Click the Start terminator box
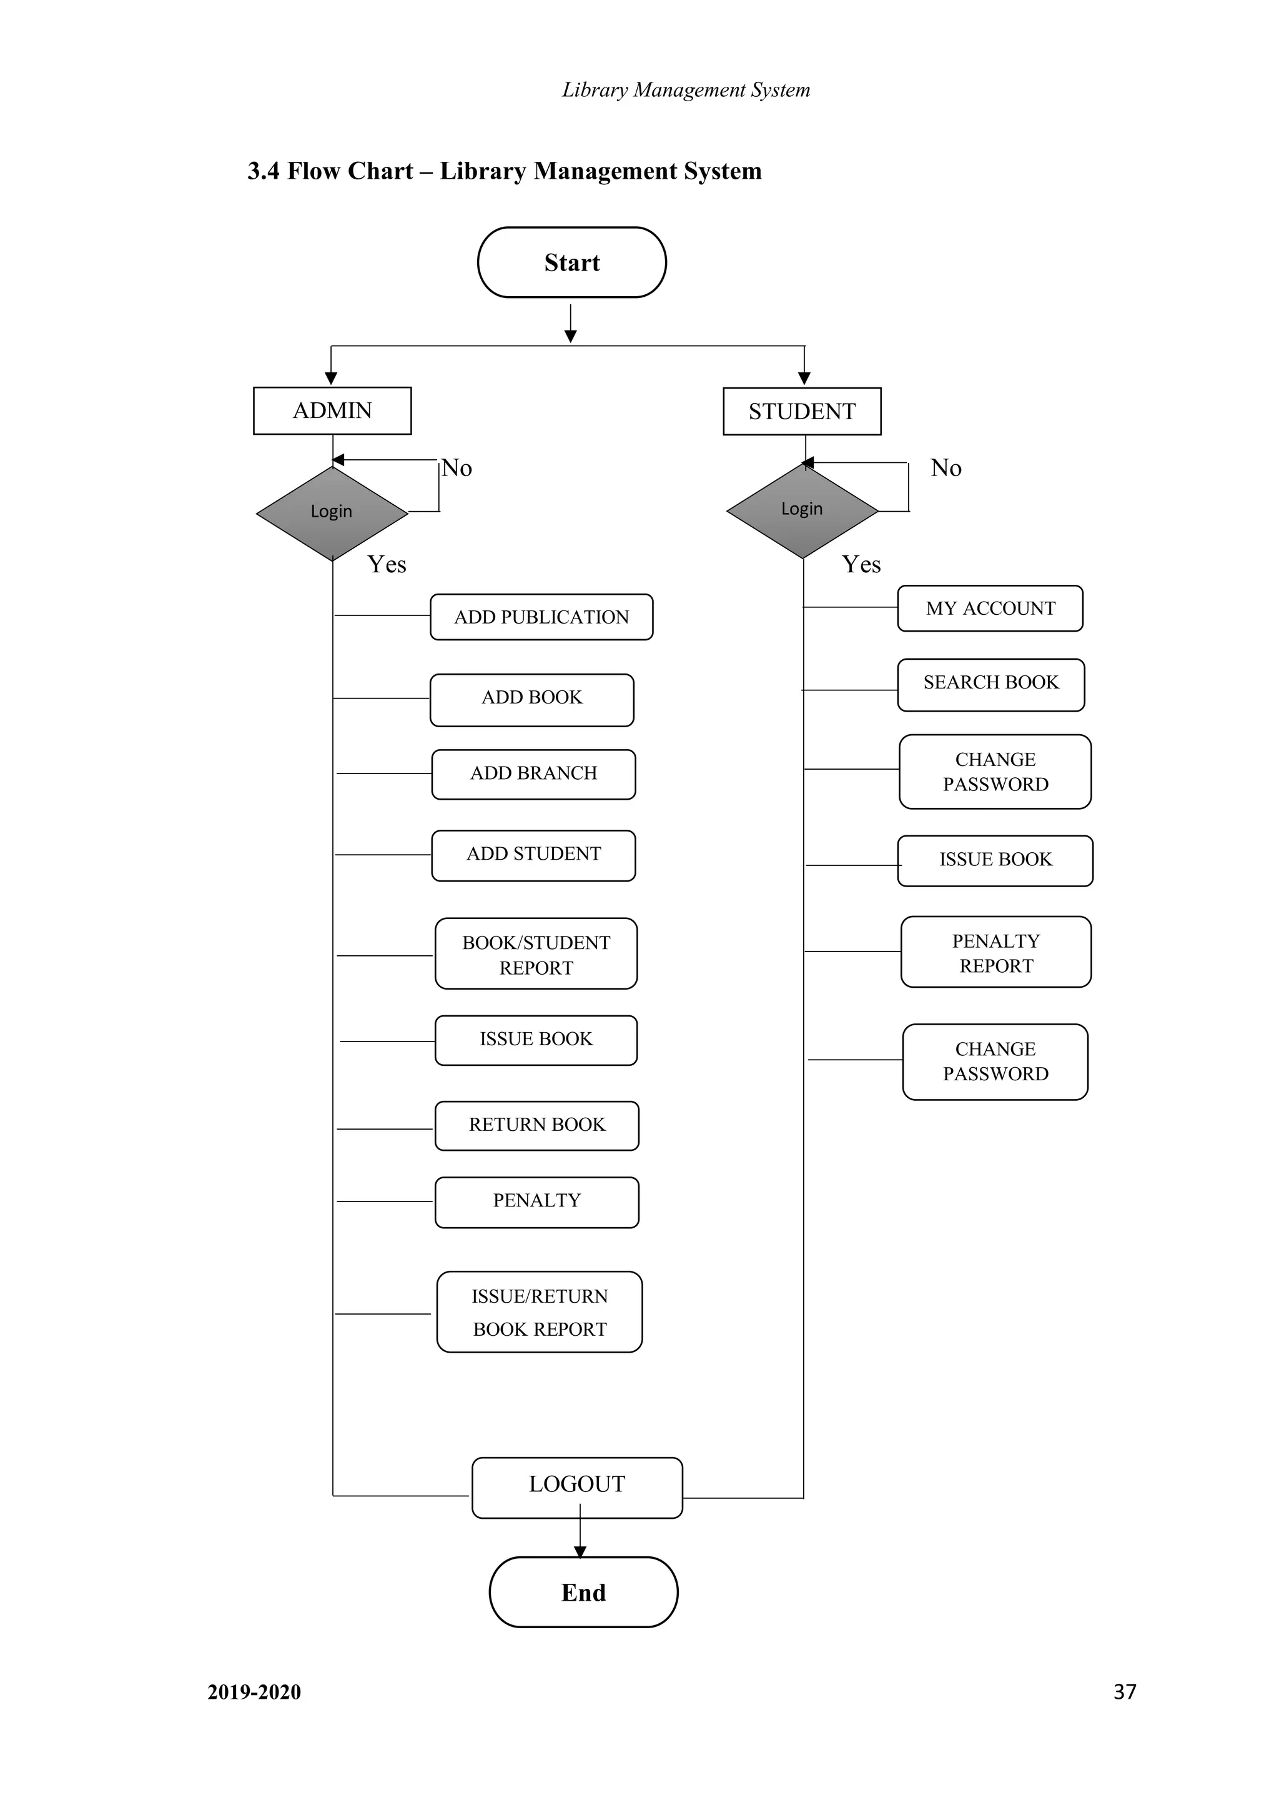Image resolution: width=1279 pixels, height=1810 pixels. [571, 262]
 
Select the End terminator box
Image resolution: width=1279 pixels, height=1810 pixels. [583, 1591]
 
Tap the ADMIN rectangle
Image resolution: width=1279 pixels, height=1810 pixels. [332, 410]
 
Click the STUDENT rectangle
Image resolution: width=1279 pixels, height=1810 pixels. [801, 412]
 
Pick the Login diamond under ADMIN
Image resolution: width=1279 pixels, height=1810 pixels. [332, 512]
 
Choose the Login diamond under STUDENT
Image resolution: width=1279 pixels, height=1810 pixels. [801, 510]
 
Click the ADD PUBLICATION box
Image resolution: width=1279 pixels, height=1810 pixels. [541, 617]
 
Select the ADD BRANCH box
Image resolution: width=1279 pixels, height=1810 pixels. [533, 774]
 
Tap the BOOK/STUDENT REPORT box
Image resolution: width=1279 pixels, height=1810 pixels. [536, 954]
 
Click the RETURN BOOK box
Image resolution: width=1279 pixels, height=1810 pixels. [536, 1126]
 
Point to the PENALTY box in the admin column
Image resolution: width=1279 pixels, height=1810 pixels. [536, 1201]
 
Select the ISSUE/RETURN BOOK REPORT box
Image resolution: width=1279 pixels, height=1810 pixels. [539, 1312]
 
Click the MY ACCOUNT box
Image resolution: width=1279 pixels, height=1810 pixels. [990, 609]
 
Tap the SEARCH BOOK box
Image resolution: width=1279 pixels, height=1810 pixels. [990, 684]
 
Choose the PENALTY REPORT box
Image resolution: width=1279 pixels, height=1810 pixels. [995, 952]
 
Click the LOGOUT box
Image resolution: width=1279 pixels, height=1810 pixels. [577, 1487]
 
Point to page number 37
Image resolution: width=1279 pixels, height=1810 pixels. [1125, 1691]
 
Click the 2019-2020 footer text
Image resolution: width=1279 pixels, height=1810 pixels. [254, 1692]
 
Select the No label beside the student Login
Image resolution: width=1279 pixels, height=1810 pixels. [946, 468]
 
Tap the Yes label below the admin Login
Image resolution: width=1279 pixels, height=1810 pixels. [386, 564]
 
